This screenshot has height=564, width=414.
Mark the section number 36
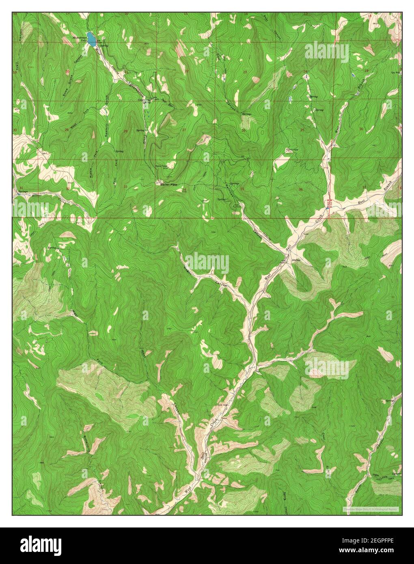301,189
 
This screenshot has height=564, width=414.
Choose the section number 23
245,72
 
